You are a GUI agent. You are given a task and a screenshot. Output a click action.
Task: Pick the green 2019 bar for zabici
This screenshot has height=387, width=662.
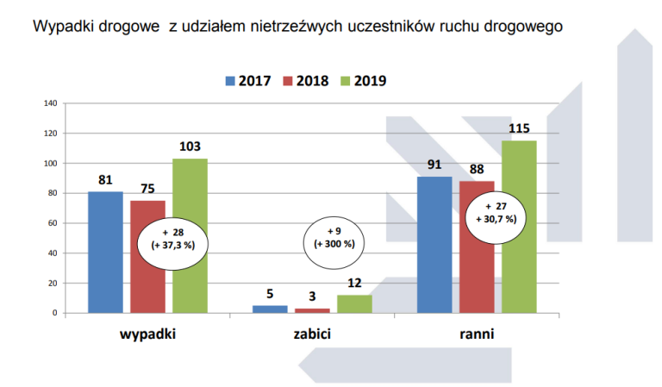tap(353, 303)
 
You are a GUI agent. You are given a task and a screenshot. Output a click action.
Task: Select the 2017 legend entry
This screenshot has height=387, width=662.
tap(248, 81)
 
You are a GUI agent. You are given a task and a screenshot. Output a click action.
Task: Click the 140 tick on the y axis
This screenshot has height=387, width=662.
tap(50, 103)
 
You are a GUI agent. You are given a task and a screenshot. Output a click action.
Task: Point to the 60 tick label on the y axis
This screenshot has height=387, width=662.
tap(52, 223)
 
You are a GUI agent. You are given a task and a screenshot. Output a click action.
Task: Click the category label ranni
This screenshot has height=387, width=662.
tap(477, 334)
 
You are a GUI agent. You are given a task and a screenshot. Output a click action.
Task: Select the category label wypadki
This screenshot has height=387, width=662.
tap(147, 334)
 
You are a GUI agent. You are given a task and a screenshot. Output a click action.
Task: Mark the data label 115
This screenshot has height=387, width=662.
tap(519, 128)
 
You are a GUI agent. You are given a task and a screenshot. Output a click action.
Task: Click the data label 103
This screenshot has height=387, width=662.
tap(190, 147)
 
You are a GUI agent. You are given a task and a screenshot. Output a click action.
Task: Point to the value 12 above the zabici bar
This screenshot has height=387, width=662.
tap(353, 283)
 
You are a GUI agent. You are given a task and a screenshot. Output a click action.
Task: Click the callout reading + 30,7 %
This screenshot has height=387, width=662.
tap(495, 213)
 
